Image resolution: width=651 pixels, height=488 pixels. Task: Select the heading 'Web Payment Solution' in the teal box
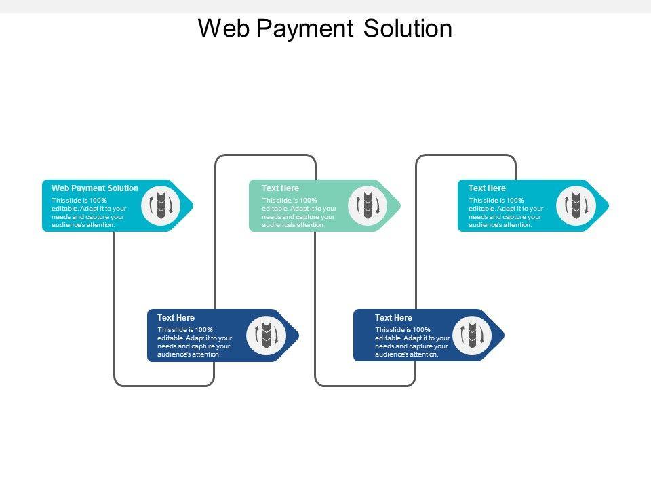point(95,188)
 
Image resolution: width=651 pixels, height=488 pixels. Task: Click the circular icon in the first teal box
point(161,205)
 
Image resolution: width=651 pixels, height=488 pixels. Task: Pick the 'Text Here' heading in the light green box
point(280,188)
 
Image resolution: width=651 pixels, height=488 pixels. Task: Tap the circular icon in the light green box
point(368,205)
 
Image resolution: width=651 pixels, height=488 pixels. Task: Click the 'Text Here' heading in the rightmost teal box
point(487,188)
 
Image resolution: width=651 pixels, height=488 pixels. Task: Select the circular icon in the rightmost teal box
point(576,205)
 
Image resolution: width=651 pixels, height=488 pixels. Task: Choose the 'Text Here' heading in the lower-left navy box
point(176,318)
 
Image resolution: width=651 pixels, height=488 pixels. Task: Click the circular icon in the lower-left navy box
point(266,335)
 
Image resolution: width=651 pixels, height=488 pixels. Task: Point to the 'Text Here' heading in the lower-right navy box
point(393,318)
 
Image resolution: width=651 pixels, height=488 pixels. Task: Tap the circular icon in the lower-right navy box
point(471,335)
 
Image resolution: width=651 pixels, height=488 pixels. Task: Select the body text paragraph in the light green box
point(298,212)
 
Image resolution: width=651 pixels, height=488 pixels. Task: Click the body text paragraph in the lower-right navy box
point(412,342)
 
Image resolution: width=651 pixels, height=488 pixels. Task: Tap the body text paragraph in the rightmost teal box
point(506,212)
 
